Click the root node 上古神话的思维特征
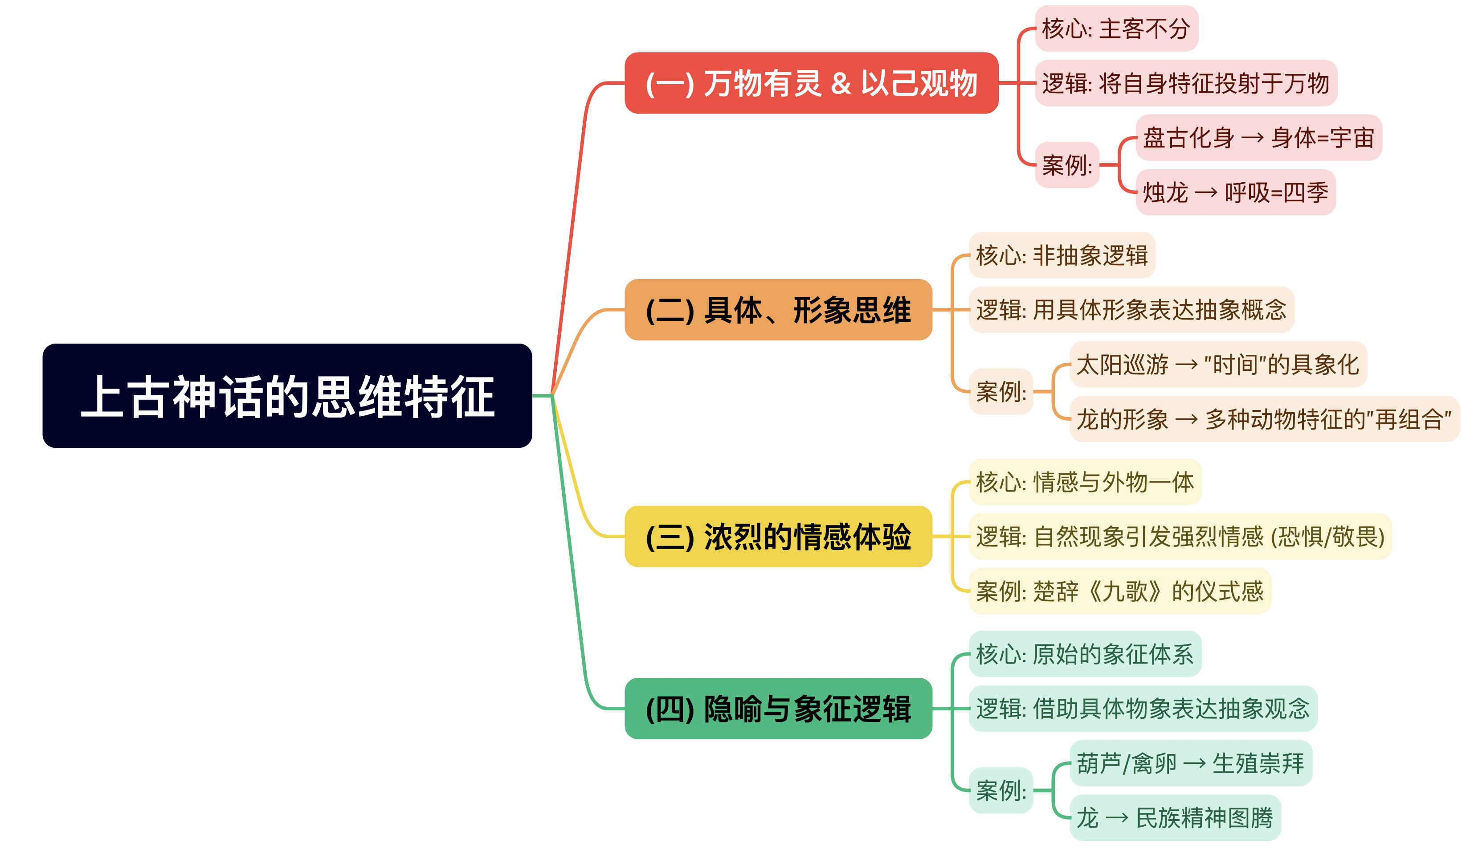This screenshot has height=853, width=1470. point(287,396)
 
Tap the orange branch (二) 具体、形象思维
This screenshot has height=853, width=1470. point(778,309)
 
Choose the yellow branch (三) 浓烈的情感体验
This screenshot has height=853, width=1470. point(778,536)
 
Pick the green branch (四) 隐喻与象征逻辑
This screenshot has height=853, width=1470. point(778,708)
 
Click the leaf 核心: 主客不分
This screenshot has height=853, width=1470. point(1115,29)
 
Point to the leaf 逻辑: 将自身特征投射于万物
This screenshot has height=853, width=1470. point(1185,83)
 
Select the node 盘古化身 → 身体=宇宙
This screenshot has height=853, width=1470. point(1258,138)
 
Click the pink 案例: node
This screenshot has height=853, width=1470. point(1066,165)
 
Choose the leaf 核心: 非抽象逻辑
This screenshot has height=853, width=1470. point(1061,255)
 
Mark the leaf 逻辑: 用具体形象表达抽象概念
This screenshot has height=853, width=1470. point(1131,309)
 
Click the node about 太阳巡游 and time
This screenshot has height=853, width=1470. point(1217,364)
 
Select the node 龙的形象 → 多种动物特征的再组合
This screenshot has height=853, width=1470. point(1263,419)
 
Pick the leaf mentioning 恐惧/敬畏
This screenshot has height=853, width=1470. point(1180,536)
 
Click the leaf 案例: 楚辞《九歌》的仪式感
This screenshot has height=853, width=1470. point(1119,591)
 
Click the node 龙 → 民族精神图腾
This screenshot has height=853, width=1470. point(1174,817)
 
